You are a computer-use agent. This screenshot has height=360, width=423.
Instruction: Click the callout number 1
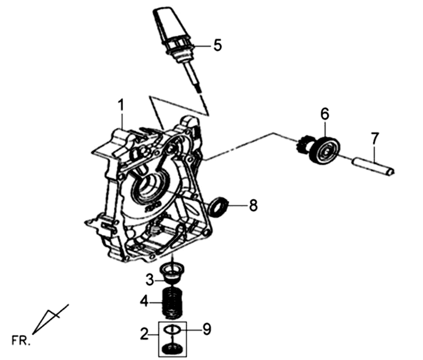(x=121, y=105)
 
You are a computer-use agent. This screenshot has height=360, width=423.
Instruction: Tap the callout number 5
(x=217, y=45)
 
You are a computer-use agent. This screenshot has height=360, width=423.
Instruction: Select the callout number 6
(x=325, y=114)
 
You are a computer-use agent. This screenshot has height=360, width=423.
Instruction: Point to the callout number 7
(x=375, y=139)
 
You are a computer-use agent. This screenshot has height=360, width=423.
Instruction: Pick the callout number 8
(x=253, y=206)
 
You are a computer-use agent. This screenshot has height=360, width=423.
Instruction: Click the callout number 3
(x=150, y=280)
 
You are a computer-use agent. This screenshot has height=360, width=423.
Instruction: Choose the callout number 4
(x=144, y=301)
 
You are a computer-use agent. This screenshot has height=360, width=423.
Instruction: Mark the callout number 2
(x=144, y=335)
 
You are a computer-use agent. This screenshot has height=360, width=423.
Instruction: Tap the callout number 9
(x=207, y=329)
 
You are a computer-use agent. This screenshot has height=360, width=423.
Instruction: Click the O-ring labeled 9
(x=172, y=329)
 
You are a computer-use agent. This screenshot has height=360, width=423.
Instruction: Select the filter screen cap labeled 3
(x=171, y=274)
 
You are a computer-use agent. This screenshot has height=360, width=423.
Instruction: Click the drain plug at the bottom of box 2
(x=172, y=348)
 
